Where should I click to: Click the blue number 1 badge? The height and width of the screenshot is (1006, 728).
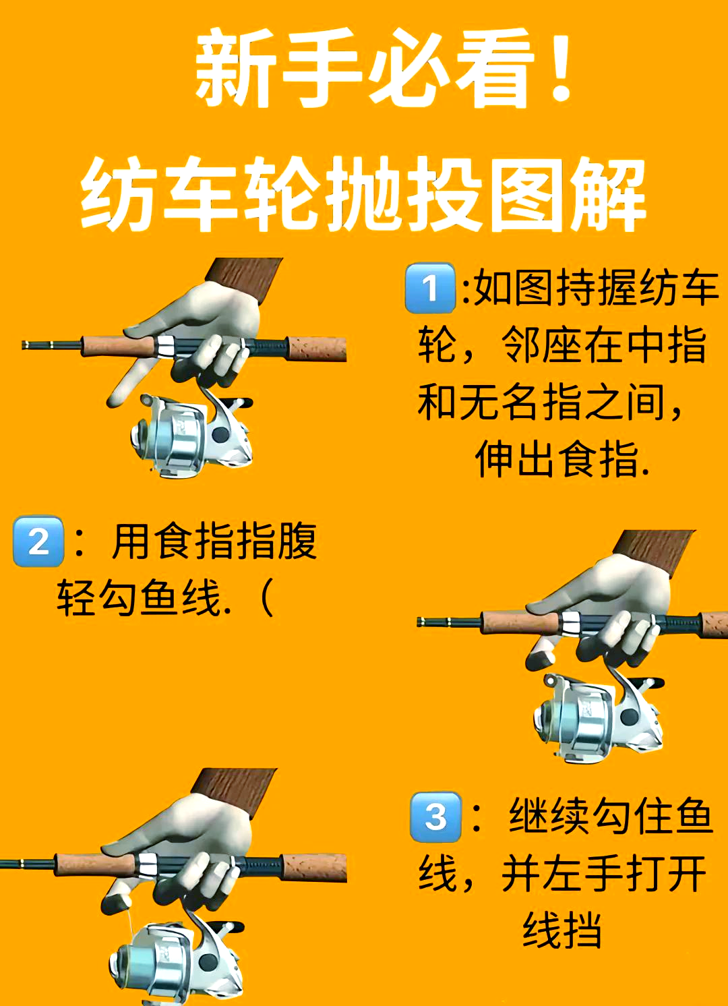click(430, 289)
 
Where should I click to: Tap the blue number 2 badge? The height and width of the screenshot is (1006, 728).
click(38, 541)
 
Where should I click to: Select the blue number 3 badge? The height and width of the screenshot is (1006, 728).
click(435, 817)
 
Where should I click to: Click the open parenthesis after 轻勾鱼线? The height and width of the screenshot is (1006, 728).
click(267, 599)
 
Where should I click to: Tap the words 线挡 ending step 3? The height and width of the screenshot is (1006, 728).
click(562, 930)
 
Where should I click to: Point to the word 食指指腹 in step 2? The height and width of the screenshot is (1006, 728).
click(236, 541)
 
